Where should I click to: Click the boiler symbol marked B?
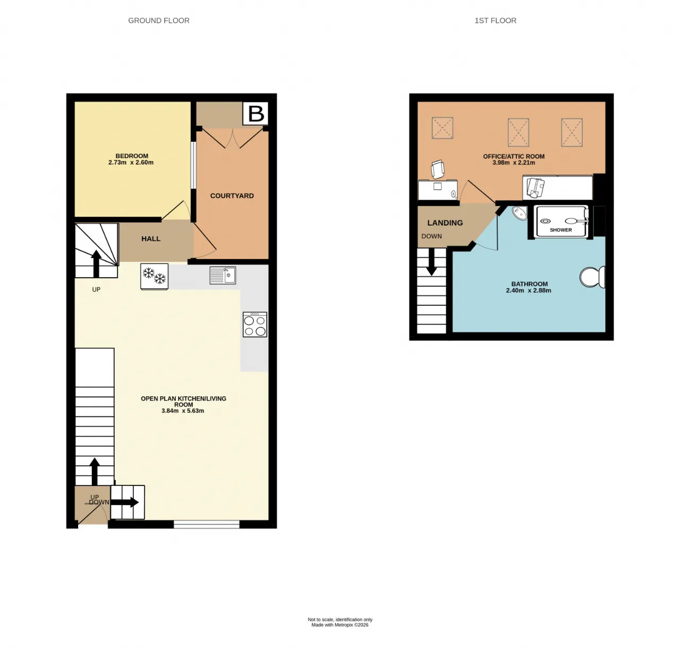click(x=256, y=113)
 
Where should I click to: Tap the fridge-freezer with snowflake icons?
click(x=154, y=276)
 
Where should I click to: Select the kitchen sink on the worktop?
click(x=223, y=275)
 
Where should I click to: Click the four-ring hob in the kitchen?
click(x=255, y=324)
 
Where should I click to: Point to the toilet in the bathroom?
click(x=593, y=277)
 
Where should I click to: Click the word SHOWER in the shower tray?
click(x=560, y=230)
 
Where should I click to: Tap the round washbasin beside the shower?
click(x=520, y=213)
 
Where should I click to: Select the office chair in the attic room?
click(x=438, y=169)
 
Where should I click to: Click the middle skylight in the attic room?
click(x=518, y=132)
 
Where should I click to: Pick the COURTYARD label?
click(x=232, y=195)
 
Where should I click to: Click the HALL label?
click(x=150, y=238)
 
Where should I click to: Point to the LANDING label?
click(x=445, y=223)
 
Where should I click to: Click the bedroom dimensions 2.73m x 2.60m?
click(x=131, y=163)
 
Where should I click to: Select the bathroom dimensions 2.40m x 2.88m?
click(x=529, y=291)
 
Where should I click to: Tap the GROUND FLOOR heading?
click(x=159, y=21)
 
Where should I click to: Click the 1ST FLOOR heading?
click(x=495, y=21)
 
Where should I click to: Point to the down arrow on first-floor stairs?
click(x=431, y=261)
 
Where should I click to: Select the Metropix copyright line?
click(x=339, y=625)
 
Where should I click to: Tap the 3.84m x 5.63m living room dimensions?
click(x=182, y=411)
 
